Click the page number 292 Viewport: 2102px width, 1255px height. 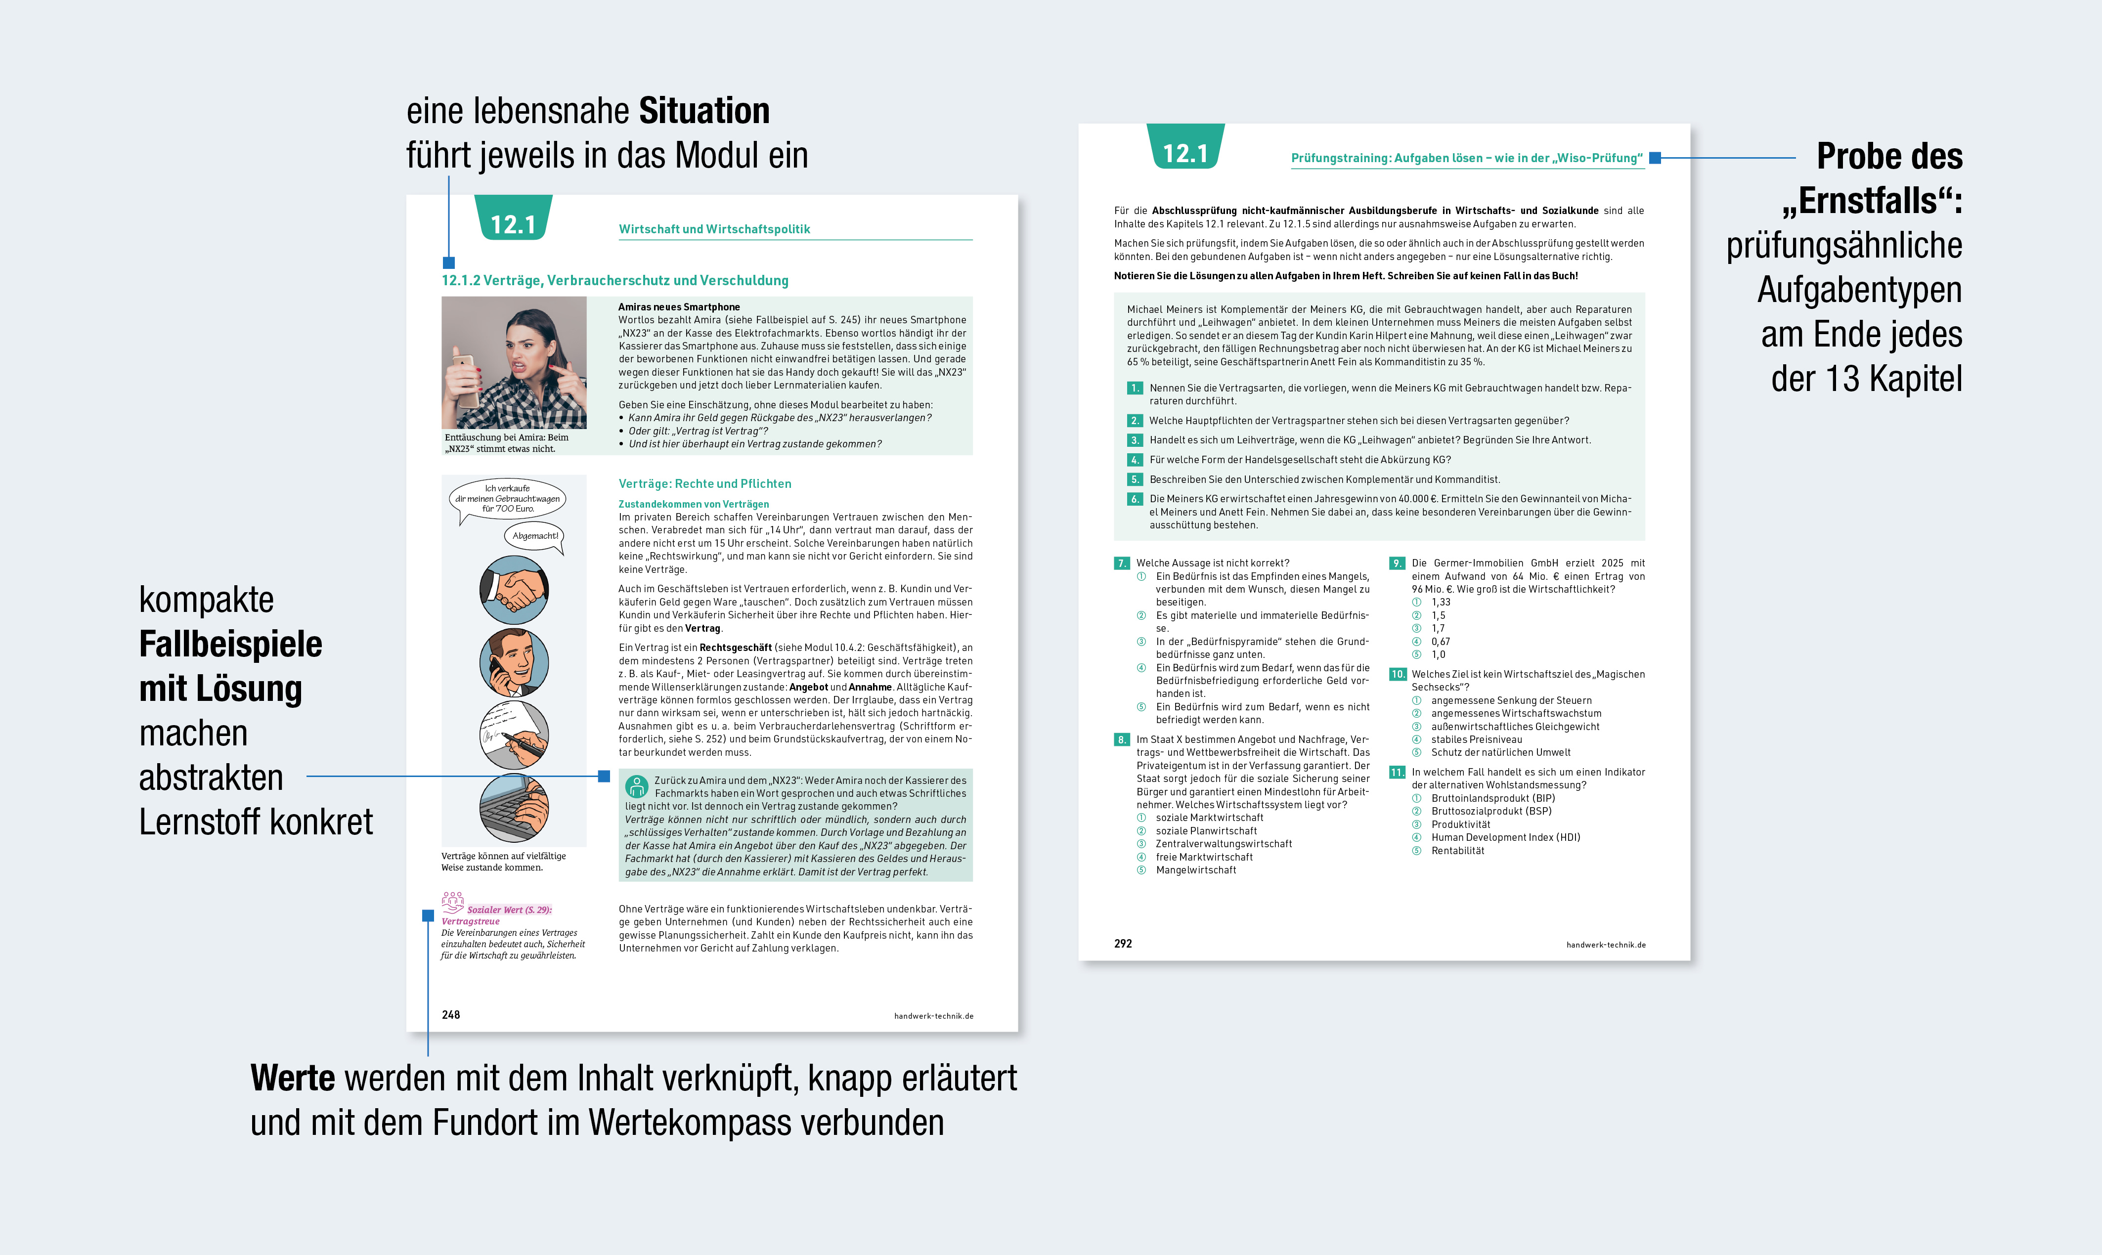[x=1123, y=944]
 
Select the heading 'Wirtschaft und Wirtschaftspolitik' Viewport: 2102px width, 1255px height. [x=714, y=229]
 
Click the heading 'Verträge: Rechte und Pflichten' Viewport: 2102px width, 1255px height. [x=704, y=484]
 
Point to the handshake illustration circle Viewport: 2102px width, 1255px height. [x=514, y=590]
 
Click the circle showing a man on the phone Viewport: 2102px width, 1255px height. [x=514, y=662]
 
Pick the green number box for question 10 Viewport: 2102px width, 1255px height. [x=1398, y=675]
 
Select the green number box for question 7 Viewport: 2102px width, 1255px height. [x=1122, y=563]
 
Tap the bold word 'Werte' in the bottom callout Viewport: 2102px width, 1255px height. [x=293, y=1078]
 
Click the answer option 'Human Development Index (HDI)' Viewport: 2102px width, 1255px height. [x=1505, y=837]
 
